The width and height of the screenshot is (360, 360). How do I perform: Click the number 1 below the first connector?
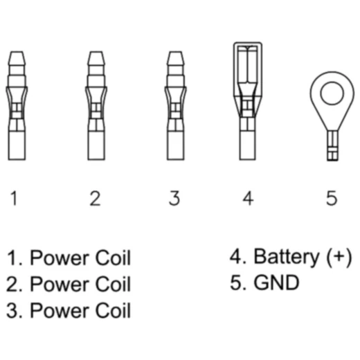(15, 198)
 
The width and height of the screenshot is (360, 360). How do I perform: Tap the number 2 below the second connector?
(95, 198)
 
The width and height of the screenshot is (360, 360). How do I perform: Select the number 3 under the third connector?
(174, 198)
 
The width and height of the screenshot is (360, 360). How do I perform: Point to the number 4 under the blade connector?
(248, 198)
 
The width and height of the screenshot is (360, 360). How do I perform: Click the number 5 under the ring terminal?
(332, 198)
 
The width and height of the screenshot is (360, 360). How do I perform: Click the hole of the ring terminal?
(332, 93)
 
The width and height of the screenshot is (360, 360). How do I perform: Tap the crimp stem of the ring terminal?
(332, 145)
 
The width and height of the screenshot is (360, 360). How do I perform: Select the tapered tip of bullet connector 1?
(17, 58)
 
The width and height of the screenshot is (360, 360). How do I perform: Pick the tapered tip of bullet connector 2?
(96, 58)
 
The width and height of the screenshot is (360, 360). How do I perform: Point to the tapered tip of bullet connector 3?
(176, 58)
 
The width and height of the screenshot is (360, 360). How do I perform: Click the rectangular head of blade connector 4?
(248, 69)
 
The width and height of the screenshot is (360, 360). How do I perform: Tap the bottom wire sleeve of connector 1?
(17, 145)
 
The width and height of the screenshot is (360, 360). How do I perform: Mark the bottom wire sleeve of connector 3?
(176, 145)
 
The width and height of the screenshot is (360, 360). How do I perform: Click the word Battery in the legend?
(287, 257)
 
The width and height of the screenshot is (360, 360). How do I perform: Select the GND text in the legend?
(276, 282)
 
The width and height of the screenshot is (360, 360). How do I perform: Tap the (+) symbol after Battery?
(339, 258)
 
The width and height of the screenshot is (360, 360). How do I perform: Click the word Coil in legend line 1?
(113, 258)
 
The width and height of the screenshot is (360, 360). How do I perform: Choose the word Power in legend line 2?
(60, 284)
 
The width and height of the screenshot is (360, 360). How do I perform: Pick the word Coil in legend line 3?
(113, 310)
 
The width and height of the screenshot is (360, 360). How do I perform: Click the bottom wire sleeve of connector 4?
(248, 145)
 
